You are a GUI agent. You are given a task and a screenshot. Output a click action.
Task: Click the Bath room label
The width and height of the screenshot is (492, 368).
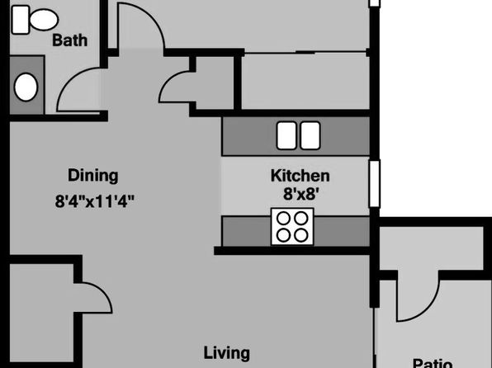(x=69, y=40)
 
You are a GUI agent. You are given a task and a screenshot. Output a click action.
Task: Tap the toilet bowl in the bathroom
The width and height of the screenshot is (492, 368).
(x=44, y=20)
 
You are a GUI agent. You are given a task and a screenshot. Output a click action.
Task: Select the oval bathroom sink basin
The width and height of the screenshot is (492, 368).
(x=26, y=87)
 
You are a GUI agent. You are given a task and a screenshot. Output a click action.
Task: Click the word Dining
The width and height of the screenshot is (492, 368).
(x=93, y=176)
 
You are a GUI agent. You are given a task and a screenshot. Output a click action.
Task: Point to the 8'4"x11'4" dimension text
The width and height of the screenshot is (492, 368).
(x=95, y=201)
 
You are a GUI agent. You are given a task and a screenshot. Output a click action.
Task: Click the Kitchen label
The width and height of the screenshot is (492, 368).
(x=300, y=176)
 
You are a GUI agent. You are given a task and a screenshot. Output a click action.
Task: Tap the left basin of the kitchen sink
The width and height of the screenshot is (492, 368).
(x=286, y=135)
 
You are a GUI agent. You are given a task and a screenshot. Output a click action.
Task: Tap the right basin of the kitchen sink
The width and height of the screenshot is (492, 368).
(x=310, y=135)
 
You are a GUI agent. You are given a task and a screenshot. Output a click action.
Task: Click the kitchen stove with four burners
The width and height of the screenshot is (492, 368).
(x=292, y=227)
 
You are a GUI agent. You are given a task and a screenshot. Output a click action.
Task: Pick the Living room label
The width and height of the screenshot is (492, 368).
(x=227, y=353)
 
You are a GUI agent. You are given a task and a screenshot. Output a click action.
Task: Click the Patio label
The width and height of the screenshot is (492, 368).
(x=433, y=363)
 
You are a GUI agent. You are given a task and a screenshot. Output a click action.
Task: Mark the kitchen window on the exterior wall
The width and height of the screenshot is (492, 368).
(x=375, y=183)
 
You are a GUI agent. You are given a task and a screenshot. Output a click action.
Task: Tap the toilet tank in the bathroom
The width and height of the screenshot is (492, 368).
(x=21, y=20)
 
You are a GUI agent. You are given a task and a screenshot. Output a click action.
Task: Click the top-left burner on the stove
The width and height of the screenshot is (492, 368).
(x=284, y=219)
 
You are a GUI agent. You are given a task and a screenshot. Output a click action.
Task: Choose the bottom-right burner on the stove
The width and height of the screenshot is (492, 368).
(x=301, y=235)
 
